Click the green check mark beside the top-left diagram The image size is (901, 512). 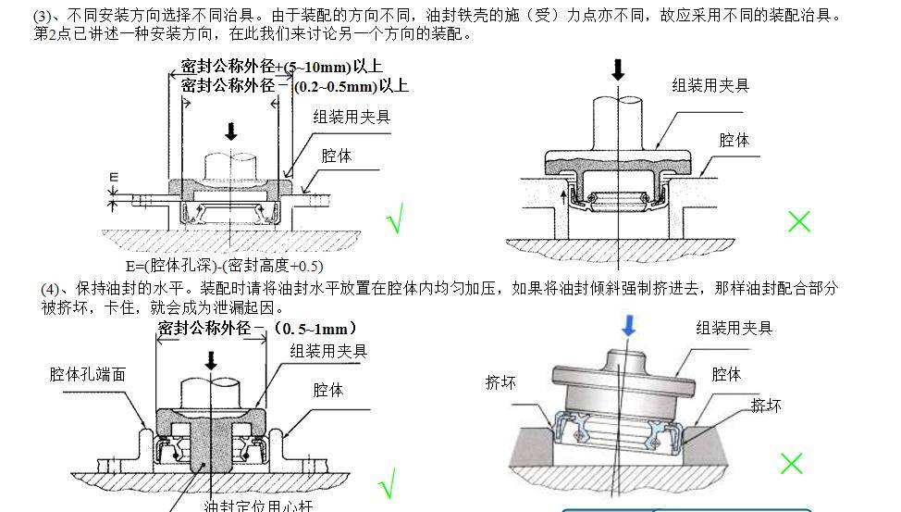396,222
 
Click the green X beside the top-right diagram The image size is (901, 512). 798,221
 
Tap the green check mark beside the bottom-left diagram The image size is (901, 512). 388,482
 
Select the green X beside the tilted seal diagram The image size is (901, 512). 791,463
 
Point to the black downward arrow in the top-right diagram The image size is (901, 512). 618,69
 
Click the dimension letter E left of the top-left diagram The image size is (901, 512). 114,176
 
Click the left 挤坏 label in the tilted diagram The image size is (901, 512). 500,382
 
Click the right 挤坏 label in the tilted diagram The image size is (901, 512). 767,405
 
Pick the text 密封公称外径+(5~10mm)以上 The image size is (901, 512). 281,67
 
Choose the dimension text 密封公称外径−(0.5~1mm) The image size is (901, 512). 256,329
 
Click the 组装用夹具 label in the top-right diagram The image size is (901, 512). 710,85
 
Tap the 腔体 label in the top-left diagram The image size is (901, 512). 337,156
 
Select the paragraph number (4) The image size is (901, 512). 53,289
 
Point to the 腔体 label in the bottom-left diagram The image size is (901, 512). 327,390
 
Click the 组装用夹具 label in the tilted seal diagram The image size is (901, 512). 734,328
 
